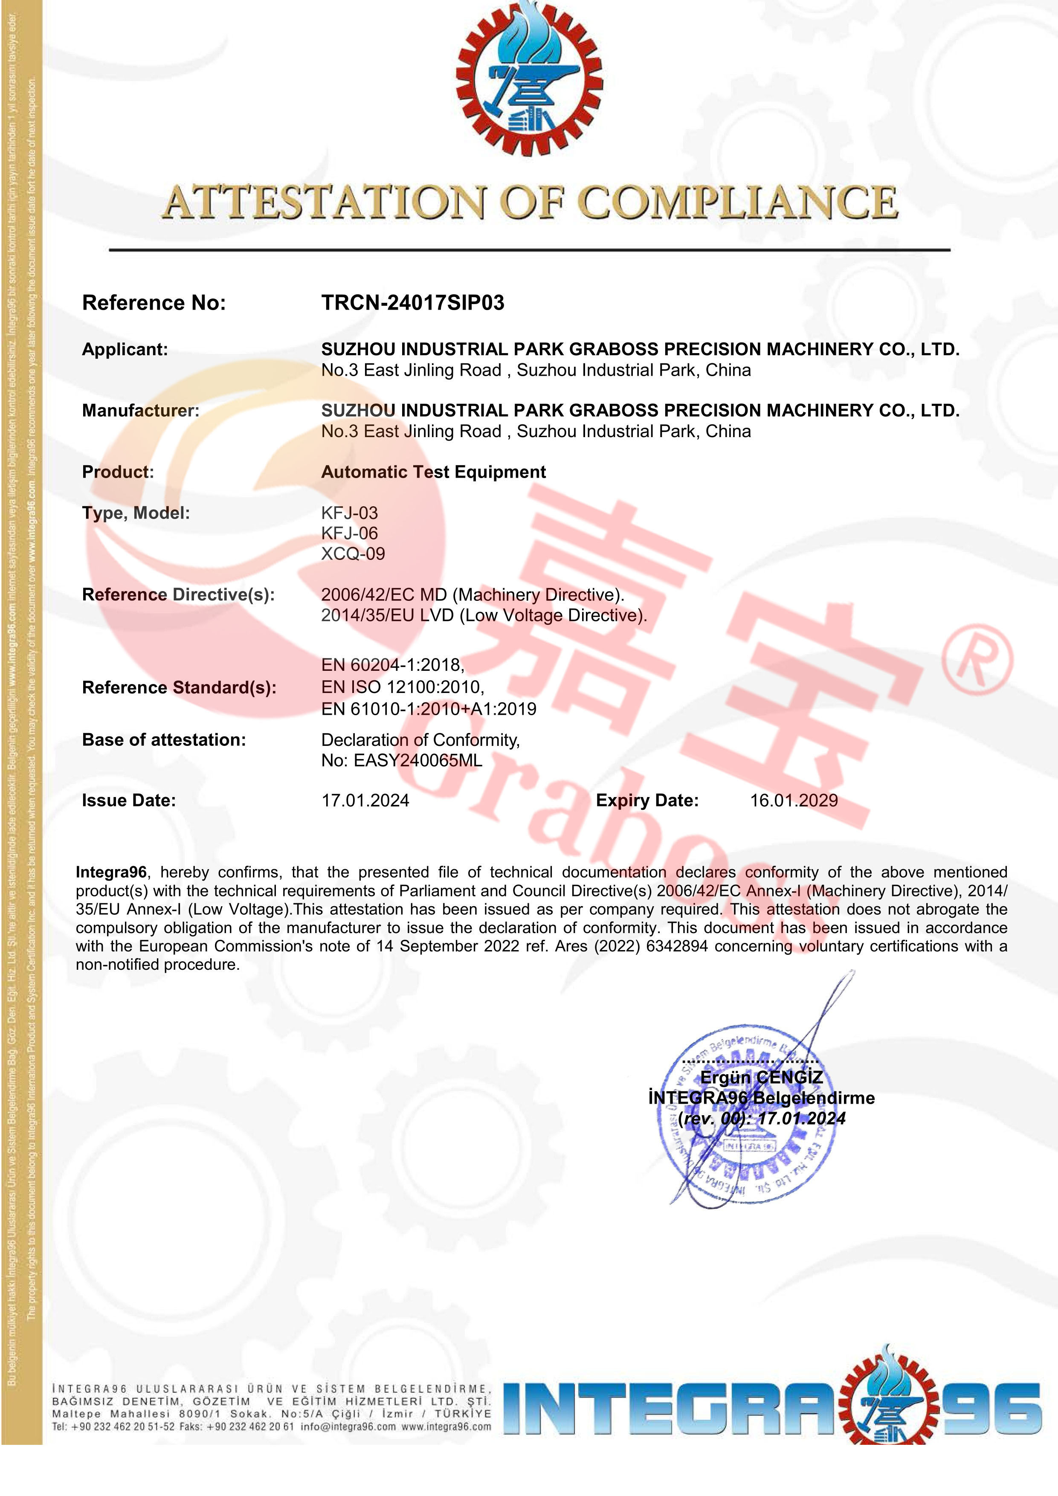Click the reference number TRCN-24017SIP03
(412, 303)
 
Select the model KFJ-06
(349, 533)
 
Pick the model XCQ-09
(353, 554)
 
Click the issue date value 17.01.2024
(365, 801)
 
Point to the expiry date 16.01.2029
(794, 801)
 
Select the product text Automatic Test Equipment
(433, 473)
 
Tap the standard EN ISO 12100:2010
(403, 687)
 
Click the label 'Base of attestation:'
(164, 740)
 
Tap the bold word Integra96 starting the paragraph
(111, 873)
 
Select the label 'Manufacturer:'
(141, 411)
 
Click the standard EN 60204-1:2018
(392, 665)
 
